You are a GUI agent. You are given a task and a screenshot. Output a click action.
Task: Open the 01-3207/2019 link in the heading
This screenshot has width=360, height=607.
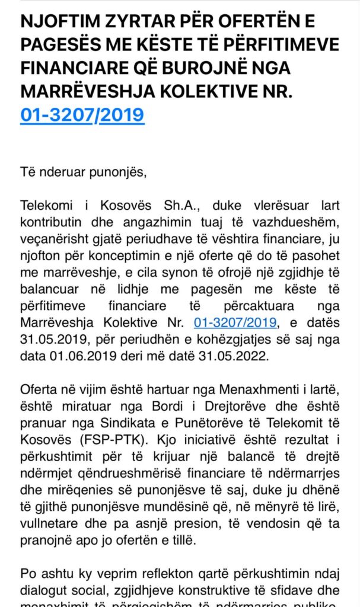(x=82, y=113)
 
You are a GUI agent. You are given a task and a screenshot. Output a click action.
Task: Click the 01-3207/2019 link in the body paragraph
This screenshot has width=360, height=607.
(x=235, y=322)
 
